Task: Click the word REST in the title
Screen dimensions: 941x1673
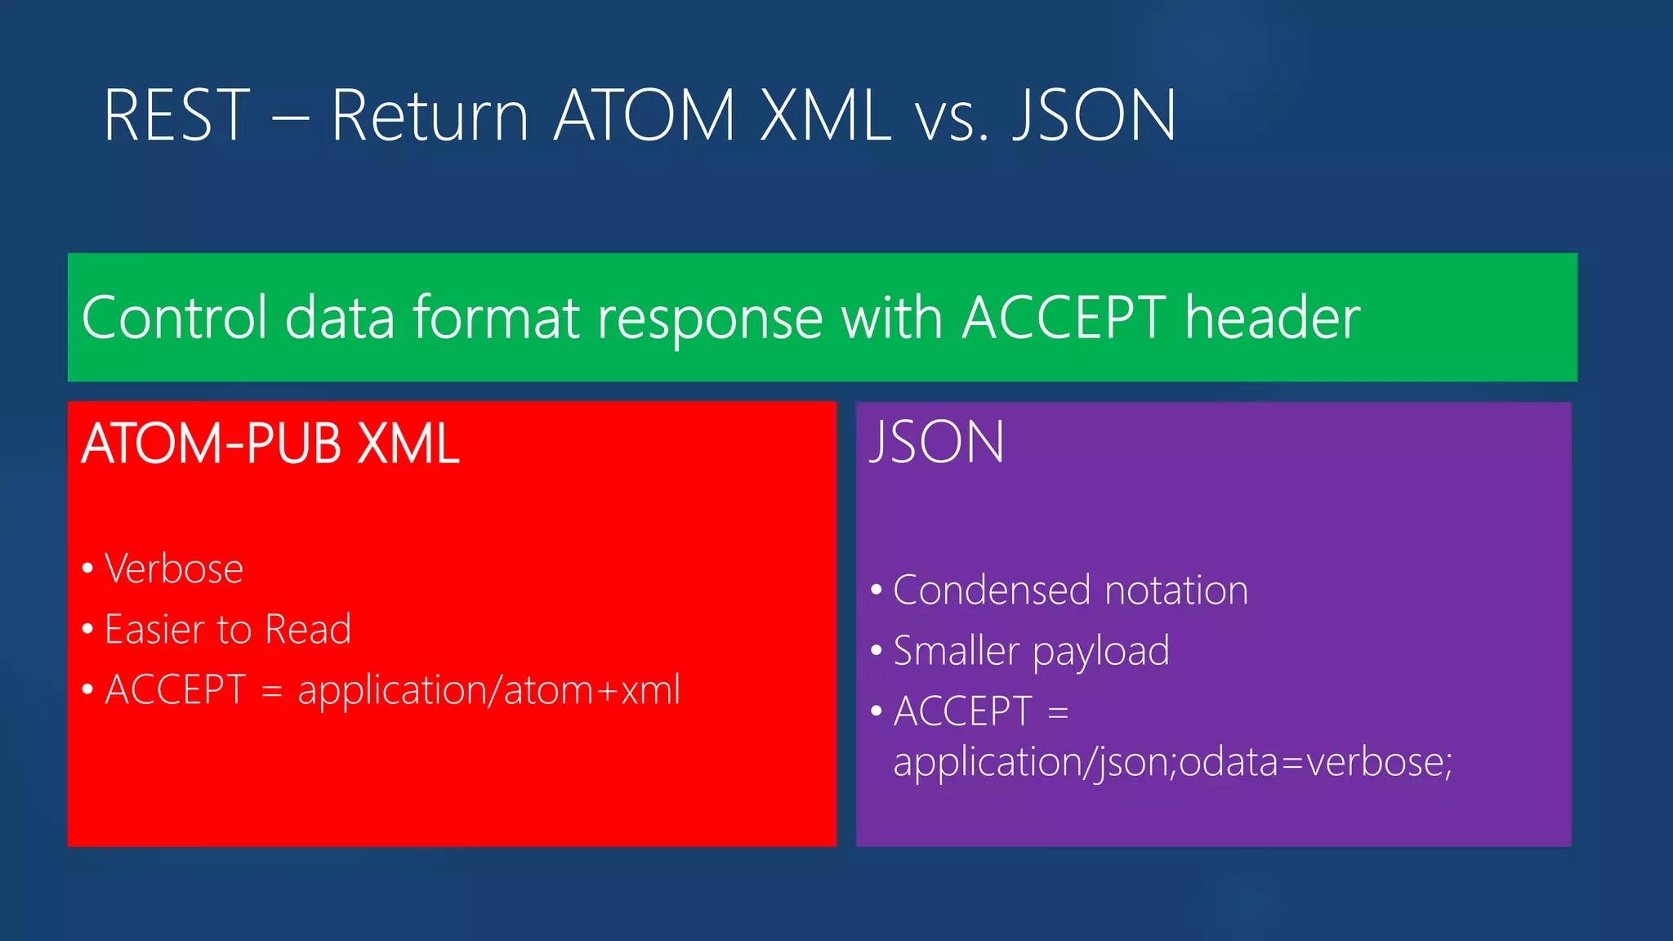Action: (176, 116)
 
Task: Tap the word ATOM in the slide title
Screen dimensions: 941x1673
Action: (645, 116)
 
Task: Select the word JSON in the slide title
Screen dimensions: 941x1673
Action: (1094, 116)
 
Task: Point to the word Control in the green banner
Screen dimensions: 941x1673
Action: (174, 318)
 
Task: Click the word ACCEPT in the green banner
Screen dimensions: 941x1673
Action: (1064, 318)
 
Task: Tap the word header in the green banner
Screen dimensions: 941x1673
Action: (1272, 318)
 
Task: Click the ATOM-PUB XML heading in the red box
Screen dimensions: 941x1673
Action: (270, 444)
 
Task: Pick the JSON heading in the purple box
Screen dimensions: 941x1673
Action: (937, 443)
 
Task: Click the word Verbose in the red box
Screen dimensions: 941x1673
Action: (174, 569)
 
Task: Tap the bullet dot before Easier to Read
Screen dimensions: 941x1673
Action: (88, 630)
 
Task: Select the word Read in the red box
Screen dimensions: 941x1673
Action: (308, 629)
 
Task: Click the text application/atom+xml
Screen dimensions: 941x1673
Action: (489, 691)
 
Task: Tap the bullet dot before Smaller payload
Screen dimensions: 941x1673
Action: (877, 651)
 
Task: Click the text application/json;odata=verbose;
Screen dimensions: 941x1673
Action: (1172, 763)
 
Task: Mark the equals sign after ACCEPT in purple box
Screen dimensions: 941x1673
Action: (1058, 712)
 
